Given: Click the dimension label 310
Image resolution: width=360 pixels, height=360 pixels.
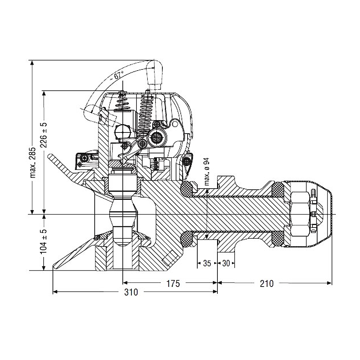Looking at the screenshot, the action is click(x=131, y=292).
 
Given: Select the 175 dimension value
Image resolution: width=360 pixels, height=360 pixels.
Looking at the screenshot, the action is click(x=173, y=284).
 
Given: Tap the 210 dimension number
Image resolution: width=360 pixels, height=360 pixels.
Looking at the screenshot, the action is click(x=267, y=284).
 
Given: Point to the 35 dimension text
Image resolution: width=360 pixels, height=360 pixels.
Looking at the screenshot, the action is click(x=207, y=264).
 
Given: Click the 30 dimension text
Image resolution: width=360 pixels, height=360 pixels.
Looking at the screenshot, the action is click(x=226, y=264).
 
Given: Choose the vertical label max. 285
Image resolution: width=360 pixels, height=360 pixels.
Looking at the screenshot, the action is click(x=33, y=163).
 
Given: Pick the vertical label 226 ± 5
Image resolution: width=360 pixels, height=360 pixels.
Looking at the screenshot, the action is click(x=44, y=135).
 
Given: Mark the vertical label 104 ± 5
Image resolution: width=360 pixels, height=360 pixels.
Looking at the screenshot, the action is click(x=44, y=241).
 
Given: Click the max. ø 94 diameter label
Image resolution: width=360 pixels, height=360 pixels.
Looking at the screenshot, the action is click(x=207, y=171).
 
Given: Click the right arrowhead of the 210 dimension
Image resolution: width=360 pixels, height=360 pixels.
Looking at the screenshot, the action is click(x=330, y=283).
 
